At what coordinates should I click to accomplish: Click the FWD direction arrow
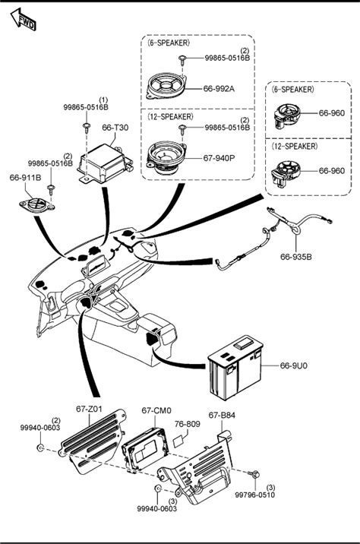pos(23,19)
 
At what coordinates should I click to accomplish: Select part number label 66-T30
pos(115,128)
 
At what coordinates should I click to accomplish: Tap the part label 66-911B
pos(25,178)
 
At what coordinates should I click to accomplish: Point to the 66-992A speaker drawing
pos(167,86)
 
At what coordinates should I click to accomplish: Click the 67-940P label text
pos(219,158)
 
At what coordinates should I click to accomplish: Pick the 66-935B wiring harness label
pos(296,257)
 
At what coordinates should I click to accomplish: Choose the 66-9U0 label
pos(293,365)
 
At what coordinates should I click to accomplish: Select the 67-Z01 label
pos(89,409)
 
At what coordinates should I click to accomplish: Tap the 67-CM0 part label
pos(156,410)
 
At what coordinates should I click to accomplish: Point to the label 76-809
pos(188,424)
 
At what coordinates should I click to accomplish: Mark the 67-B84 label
pos(222,415)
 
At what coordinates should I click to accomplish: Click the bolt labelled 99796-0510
pos(254,473)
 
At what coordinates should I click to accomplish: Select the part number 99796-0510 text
pos(255,495)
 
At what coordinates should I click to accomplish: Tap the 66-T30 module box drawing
pos(104,164)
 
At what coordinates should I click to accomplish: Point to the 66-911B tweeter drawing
pos(37,204)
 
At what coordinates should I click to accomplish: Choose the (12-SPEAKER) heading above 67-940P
pos(171,116)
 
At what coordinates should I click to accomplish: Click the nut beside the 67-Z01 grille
pos(40,448)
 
